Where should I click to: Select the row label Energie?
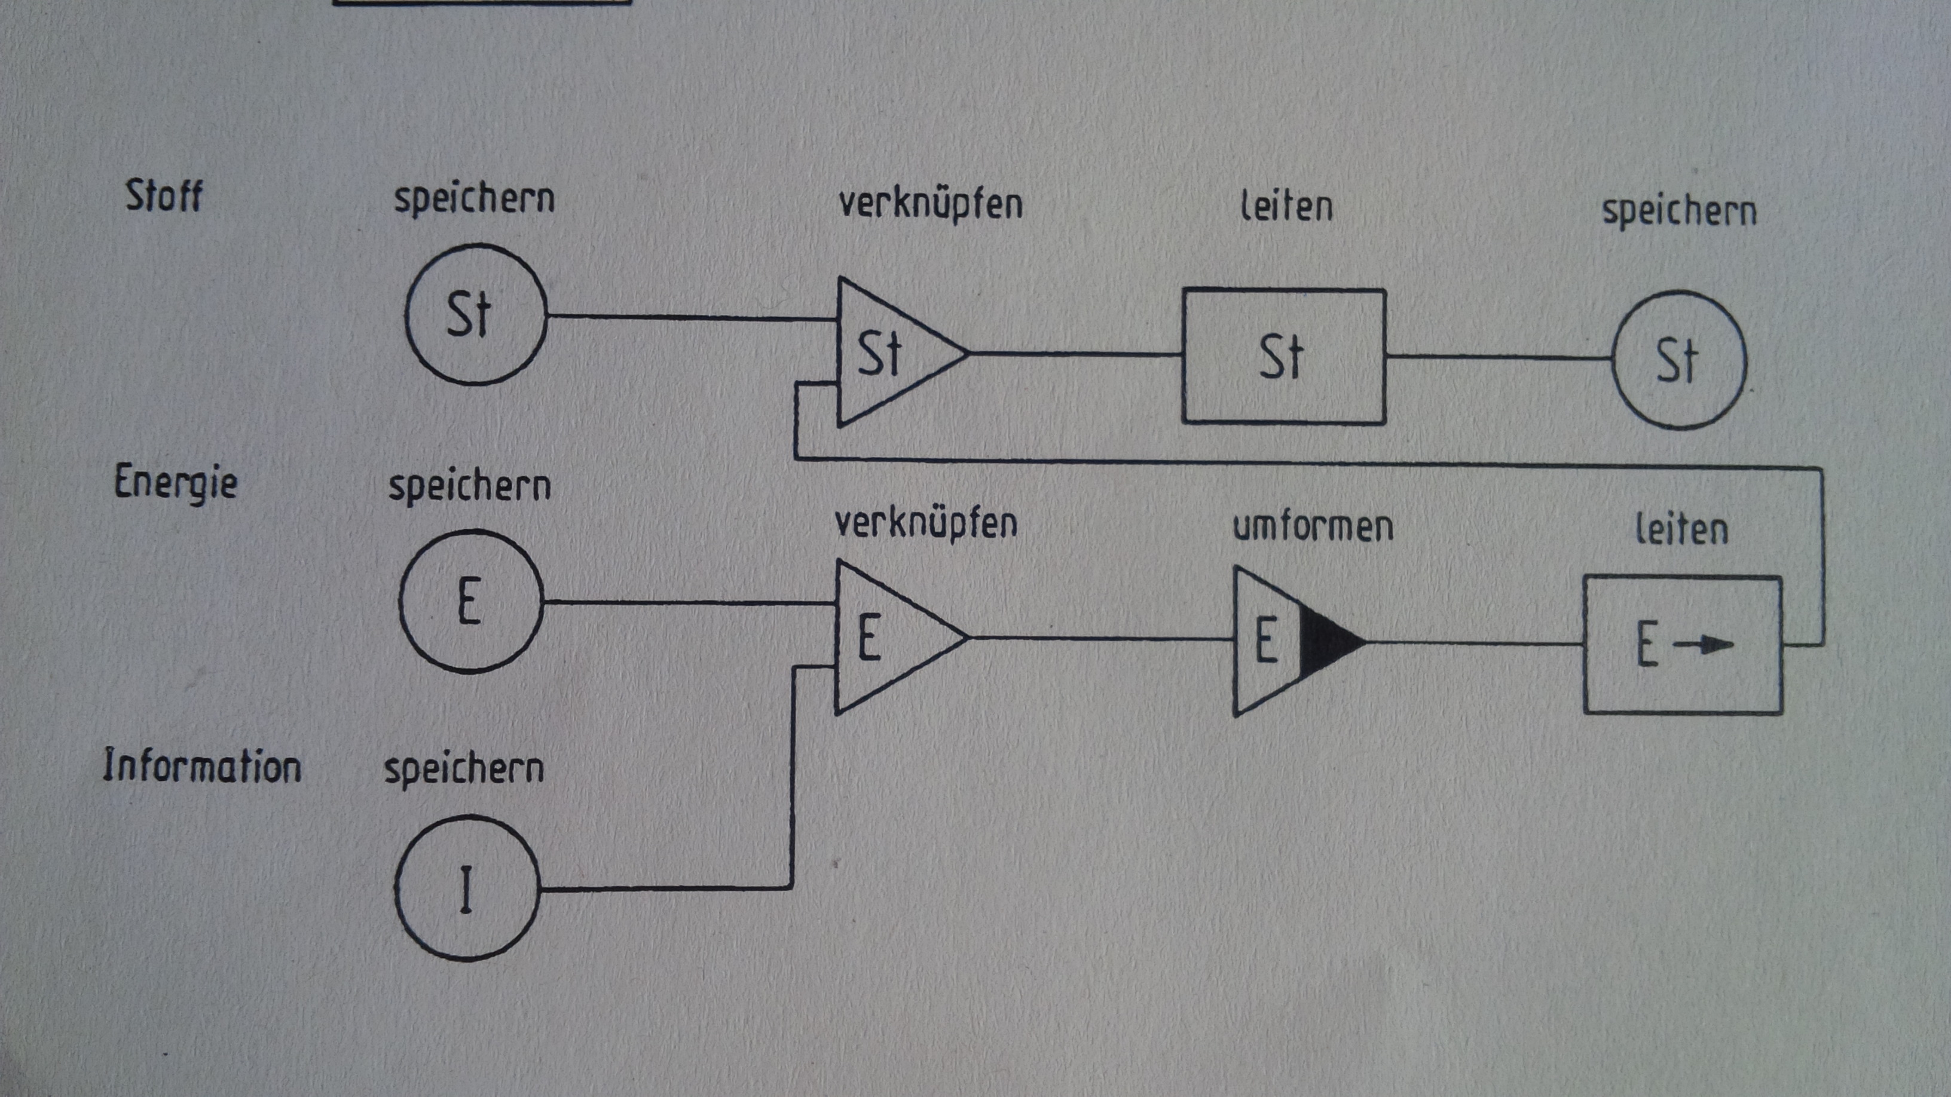176,482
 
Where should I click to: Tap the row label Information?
202,765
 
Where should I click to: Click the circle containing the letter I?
467,888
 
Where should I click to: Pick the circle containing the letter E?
471,602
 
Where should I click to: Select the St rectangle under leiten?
1285,356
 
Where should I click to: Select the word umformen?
1313,527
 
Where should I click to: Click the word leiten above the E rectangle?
1681,529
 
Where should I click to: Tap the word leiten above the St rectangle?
1286,207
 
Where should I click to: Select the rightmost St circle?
1680,360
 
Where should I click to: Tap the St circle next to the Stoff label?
476,314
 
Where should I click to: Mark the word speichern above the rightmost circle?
1679,212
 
